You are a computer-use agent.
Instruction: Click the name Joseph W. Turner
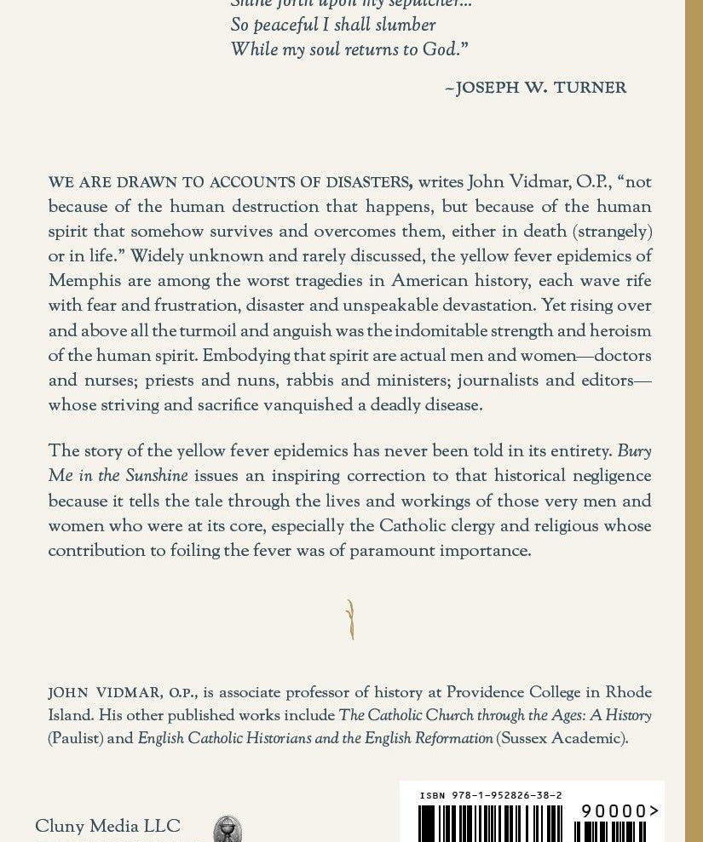point(540,89)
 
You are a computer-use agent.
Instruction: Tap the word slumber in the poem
point(402,26)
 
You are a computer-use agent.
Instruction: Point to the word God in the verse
point(440,50)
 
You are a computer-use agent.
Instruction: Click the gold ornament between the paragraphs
point(350,619)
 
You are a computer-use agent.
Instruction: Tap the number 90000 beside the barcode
point(614,811)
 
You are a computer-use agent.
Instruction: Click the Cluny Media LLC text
point(107,827)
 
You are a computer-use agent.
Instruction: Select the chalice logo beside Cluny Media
point(227,829)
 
